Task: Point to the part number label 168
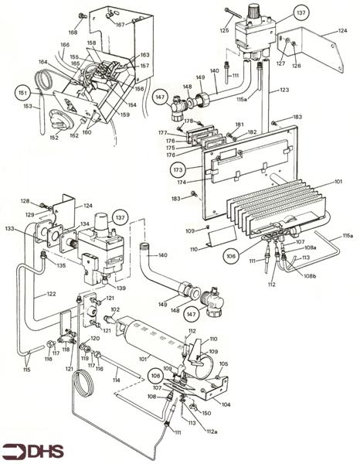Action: (72, 32)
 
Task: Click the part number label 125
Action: (224, 30)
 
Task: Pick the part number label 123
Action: (285, 90)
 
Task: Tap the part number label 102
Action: (115, 310)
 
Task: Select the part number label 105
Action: (222, 363)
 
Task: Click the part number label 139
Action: (122, 288)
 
